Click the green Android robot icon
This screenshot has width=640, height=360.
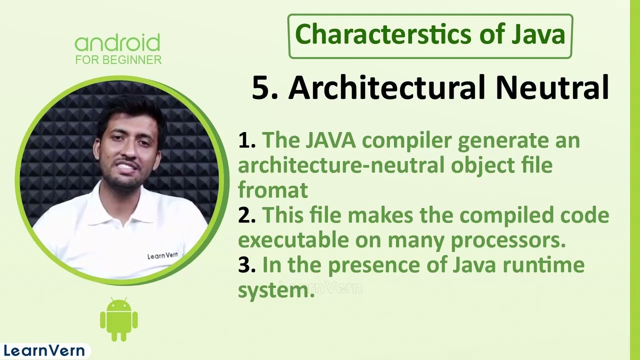118,320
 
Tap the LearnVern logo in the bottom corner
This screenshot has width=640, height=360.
44,350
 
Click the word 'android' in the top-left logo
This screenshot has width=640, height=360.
117,43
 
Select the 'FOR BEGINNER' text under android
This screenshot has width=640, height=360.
118,60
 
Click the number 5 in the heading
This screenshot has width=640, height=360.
261,88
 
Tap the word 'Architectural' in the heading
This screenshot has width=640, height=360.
387,87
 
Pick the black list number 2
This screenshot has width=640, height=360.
246,215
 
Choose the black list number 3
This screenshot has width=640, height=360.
246,265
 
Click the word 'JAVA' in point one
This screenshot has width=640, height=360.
330,140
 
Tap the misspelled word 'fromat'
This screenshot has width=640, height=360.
272,190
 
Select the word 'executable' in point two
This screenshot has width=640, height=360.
293,240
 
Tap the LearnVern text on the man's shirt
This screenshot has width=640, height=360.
162,256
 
